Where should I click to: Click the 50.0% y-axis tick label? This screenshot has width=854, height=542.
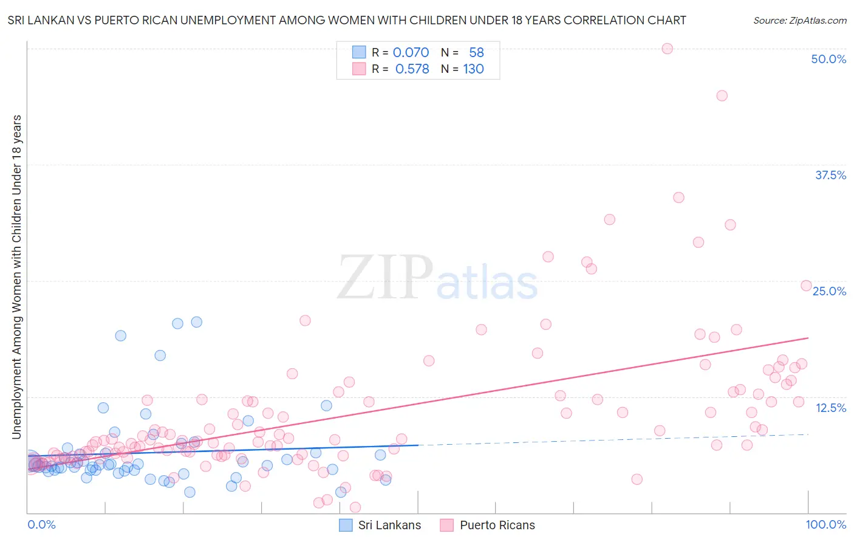[x=828, y=59]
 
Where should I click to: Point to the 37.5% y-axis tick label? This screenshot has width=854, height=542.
[x=830, y=175]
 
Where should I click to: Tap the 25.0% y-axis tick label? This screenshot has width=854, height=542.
[x=829, y=291]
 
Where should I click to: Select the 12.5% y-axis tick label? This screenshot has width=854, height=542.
[x=830, y=408]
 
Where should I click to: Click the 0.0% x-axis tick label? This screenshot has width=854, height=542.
[x=41, y=524]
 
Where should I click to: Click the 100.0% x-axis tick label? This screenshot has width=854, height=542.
[x=826, y=524]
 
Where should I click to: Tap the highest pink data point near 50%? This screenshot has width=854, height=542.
[x=667, y=49]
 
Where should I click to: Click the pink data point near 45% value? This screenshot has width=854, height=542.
[x=722, y=95]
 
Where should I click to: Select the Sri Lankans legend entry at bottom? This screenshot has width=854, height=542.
[x=380, y=525]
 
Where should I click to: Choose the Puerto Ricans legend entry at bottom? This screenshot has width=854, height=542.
[x=488, y=525]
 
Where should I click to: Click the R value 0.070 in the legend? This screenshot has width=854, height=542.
[x=411, y=52]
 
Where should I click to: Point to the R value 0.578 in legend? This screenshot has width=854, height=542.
[x=412, y=69]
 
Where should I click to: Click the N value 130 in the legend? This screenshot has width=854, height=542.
[x=473, y=69]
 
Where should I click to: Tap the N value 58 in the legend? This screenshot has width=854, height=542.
[x=476, y=52]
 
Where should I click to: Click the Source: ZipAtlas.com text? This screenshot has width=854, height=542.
[x=799, y=20]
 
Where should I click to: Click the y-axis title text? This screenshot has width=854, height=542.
[x=16, y=276]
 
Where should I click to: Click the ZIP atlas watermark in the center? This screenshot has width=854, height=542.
[x=437, y=278]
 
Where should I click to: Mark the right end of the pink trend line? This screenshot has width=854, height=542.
[x=808, y=337]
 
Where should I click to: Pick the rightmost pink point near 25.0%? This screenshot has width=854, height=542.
[x=806, y=286]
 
